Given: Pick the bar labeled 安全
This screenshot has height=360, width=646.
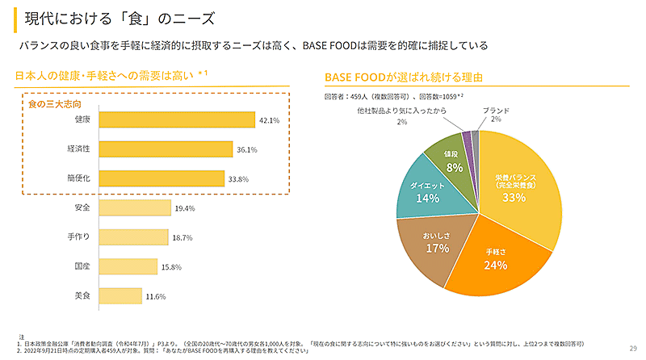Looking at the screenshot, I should click(x=134, y=208).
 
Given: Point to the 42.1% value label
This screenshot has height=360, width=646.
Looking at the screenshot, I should click(x=269, y=121).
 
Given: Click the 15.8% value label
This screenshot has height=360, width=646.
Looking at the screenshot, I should click(x=172, y=267).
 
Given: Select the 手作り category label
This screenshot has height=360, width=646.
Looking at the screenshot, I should click(x=79, y=237).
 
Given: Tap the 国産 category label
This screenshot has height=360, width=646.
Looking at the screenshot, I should click(x=82, y=266).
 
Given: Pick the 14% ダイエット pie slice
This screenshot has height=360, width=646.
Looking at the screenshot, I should click(x=426, y=191).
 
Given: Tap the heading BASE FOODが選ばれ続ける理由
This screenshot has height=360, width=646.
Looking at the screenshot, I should click(x=403, y=77).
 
